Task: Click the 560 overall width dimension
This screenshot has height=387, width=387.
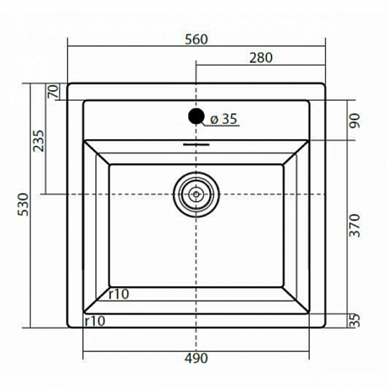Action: coord(197,39)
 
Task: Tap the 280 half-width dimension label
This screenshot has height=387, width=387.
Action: coord(261,58)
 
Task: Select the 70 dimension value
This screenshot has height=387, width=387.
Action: coord(54,91)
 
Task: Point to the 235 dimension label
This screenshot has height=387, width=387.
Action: coord(39,141)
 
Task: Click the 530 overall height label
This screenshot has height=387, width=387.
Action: coord(24,204)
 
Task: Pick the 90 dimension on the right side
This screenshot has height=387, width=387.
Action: coord(355,120)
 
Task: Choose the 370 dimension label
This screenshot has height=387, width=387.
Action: coord(355,225)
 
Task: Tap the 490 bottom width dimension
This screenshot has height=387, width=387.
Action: coord(197,358)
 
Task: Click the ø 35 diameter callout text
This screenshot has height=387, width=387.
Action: coord(224,119)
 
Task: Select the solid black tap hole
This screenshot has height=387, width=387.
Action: coord(196,116)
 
